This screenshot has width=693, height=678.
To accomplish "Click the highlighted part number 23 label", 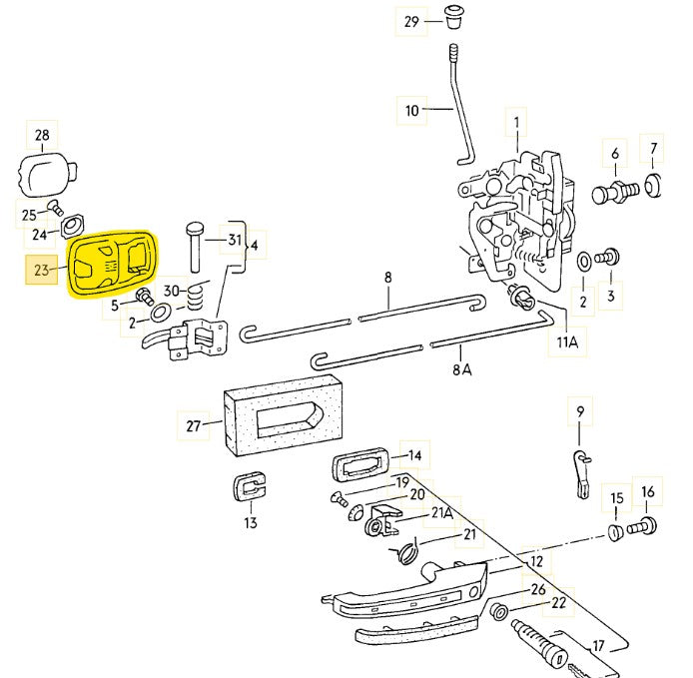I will click(x=41, y=270).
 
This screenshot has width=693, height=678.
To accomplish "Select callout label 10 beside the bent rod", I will click(x=412, y=111).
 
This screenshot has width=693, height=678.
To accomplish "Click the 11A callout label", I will click(x=567, y=342).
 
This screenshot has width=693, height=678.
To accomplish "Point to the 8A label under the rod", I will click(x=460, y=368).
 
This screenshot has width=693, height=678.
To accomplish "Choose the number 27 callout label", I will click(x=194, y=425).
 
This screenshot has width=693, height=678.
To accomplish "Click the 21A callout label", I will click(x=441, y=514).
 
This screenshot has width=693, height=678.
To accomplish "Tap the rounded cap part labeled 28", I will click(x=46, y=177).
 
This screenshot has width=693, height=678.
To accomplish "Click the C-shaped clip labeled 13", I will click(x=250, y=489).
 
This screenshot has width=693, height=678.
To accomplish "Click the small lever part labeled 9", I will click(x=581, y=469).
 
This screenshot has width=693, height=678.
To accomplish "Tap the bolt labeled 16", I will click(x=645, y=525).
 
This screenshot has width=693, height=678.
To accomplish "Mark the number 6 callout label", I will click(x=615, y=153).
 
